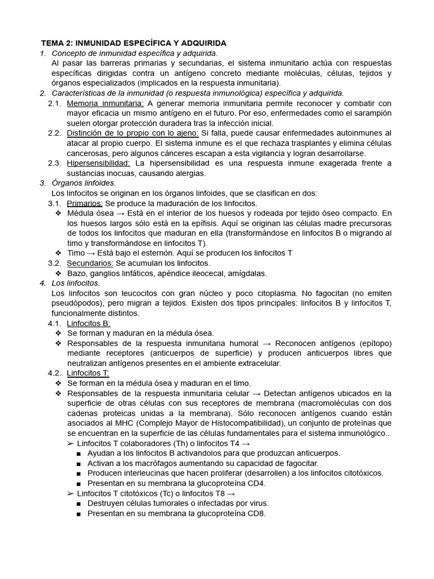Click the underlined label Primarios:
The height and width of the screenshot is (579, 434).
(84, 203)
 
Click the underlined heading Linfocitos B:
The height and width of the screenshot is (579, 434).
(88, 323)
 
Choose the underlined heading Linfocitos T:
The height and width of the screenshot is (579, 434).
(88, 373)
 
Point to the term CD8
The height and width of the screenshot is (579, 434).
(254, 513)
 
